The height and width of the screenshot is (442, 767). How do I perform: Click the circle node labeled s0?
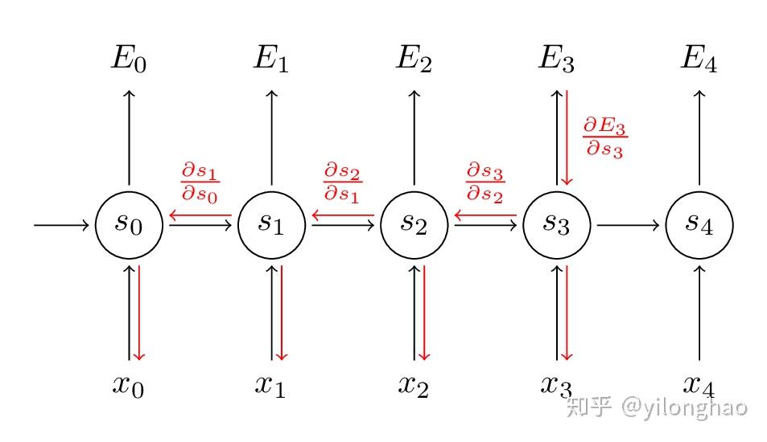(x=129, y=225)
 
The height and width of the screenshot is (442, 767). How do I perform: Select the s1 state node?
(x=271, y=225)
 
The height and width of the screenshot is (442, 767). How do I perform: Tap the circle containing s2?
(x=414, y=225)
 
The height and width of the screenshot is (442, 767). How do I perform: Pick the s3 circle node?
(x=556, y=225)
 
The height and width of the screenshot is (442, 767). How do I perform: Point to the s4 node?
(x=699, y=225)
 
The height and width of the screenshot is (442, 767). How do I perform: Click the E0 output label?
(x=129, y=60)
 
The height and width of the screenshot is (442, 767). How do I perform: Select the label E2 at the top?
(x=414, y=60)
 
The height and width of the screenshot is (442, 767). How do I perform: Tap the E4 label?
(x=699, y=60)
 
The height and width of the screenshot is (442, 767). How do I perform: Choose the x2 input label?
(x=414, y=385)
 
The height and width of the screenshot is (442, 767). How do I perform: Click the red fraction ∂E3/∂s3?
(x=604, y=137)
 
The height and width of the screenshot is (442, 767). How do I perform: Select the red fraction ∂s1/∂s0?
(x=200, y=182)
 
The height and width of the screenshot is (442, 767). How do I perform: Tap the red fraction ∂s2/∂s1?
(x=342, y=182)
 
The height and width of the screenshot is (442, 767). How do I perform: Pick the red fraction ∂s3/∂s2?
(x=485, y=182)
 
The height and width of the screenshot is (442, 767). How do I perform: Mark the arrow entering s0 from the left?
(x=61, y=225)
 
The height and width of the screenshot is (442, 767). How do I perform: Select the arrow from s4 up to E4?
(x=699, y=137)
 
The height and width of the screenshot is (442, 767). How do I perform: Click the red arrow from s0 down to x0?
(x=139, y=313)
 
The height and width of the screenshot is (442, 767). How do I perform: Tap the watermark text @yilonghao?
(x=683, y=407)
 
